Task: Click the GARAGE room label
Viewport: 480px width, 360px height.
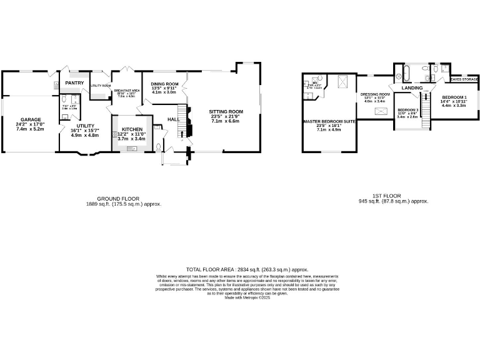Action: [31, 119]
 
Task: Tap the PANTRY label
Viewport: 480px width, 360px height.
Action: [74, 82]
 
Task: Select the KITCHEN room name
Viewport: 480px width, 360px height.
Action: [132, 129]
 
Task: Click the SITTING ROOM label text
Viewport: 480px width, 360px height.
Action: [226, 111]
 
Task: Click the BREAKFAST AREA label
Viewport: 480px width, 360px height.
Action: [127, 91]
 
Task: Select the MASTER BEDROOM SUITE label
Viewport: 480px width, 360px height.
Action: [329, 121]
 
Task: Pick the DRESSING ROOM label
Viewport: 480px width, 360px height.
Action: [375, 94]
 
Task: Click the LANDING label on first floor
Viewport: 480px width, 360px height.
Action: [412, 88]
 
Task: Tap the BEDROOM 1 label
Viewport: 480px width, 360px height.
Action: [454, 97]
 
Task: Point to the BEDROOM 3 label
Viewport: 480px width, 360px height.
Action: [407, 110]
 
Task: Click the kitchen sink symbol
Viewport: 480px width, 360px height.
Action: [132, 149]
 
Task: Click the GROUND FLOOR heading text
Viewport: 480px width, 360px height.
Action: [117, 198]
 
